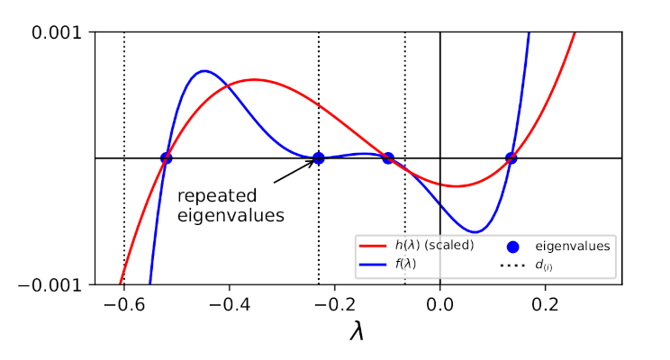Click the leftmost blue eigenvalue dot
[x=166, y=158]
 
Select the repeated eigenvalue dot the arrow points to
[x=318, y=158]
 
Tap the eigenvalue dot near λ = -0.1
[x=388, y=158]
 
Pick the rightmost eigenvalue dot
[x=511, y=158]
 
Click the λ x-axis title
[x=358, y=331]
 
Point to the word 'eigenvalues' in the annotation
[x=231, y=215]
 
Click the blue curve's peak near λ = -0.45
[x=205, y=71]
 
